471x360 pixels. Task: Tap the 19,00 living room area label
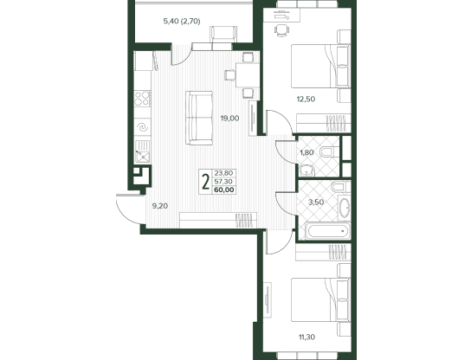tap(229, 119)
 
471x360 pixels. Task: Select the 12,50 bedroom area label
tap(306, 99)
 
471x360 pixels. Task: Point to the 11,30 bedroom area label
tap(306, 337)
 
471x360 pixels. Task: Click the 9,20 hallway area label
tap(160, 206)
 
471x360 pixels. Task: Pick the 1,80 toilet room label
tap(306, 152)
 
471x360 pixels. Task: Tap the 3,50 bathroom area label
tap(316, 202)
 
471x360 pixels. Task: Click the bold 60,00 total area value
tap(224, 190)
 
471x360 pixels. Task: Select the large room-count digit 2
tap(206, 182)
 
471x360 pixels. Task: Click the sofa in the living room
tap(199, 118)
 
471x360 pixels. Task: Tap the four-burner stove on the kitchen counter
tap(142, 99)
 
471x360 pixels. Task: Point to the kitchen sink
tap(142, 152)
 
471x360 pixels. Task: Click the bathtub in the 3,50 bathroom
tap(327, 231)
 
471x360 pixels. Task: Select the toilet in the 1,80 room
tap(329, 152)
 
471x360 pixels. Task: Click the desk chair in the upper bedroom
tap(281, 30)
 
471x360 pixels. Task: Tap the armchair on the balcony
tap(223, 35)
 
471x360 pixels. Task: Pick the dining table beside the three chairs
tap(248, 74)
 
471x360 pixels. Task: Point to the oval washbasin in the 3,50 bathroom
tap(345, 207)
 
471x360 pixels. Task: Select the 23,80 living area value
tap(223, 173)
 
